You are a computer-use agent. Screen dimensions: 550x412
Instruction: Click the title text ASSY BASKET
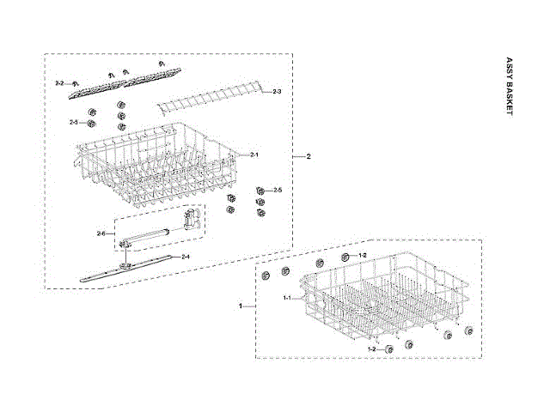click(x=509, y=89)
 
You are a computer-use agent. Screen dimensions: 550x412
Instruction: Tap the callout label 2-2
click(x=59, y=82)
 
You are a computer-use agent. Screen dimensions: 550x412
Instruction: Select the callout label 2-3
click(x=277, y=91)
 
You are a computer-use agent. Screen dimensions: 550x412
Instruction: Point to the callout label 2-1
click(x=254, y=154)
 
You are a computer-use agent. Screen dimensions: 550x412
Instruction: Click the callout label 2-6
click(x=101, y=233)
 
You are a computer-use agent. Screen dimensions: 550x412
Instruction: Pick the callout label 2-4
click(x=186, y=257)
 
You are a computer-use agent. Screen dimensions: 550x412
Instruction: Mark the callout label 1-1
click(x=289, y=297)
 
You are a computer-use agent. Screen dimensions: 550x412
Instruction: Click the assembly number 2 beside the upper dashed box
click(x=309, y=157)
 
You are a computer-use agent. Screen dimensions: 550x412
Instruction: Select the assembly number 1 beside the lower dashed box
click(x=241, y=306)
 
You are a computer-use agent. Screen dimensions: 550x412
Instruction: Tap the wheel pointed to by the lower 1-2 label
click(x=389, y=348)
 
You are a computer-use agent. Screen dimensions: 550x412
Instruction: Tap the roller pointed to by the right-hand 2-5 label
click(x=259, y=190)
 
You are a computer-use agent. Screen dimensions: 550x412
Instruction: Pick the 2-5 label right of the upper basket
click(x=278, y=190)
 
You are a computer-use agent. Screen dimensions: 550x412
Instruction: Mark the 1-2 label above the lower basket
click(x=362, y=256)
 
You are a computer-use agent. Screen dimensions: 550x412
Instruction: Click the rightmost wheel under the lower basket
click(x=470, y=331)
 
